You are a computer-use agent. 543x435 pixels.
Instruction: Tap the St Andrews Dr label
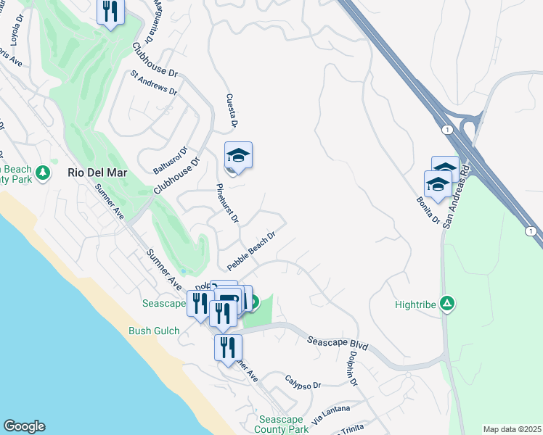[x=154, y=83]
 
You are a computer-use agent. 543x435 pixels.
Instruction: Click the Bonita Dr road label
[x=428, y=210]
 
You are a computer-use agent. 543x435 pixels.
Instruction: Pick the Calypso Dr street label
[x=303, y=382]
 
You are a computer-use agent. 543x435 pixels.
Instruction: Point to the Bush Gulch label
[x=154, y=331]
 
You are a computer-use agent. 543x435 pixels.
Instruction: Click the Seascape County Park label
[x=283, y=424]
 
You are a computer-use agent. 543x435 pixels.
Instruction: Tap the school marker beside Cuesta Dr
[x=238, y=157]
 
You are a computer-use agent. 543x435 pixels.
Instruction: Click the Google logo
[x=24, y=426]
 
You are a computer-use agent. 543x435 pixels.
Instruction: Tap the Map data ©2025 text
[x=511, y=429]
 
